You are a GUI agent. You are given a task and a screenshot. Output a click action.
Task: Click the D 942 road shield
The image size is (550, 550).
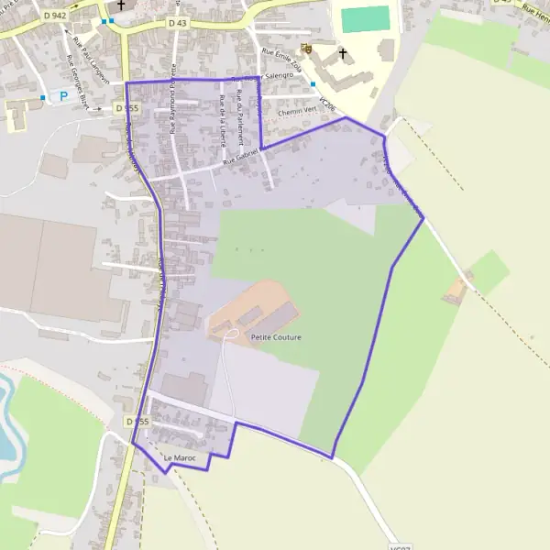point(54,16)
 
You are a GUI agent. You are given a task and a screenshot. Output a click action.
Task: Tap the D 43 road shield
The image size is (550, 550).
point(178,21)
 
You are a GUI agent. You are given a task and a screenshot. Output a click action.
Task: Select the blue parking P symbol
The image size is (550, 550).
point(63,94)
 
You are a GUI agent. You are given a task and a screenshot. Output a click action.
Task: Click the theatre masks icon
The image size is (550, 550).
point(305,48)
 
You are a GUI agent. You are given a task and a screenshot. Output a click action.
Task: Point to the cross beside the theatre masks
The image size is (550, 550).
point(344,53)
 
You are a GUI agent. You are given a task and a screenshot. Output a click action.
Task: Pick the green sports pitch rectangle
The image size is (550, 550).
point(366,19)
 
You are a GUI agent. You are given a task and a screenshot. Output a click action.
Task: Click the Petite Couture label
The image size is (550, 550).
point(275,337)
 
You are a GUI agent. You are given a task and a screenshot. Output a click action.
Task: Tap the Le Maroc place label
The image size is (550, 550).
point(181,457)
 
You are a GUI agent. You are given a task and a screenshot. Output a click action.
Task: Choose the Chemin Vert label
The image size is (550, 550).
point(295,113)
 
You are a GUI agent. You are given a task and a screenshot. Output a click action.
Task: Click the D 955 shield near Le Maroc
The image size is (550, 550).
point(137,421)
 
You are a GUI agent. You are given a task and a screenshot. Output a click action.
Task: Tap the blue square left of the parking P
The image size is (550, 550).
point(42,95)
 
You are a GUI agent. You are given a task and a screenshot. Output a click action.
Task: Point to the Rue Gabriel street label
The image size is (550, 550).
point(241,161)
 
